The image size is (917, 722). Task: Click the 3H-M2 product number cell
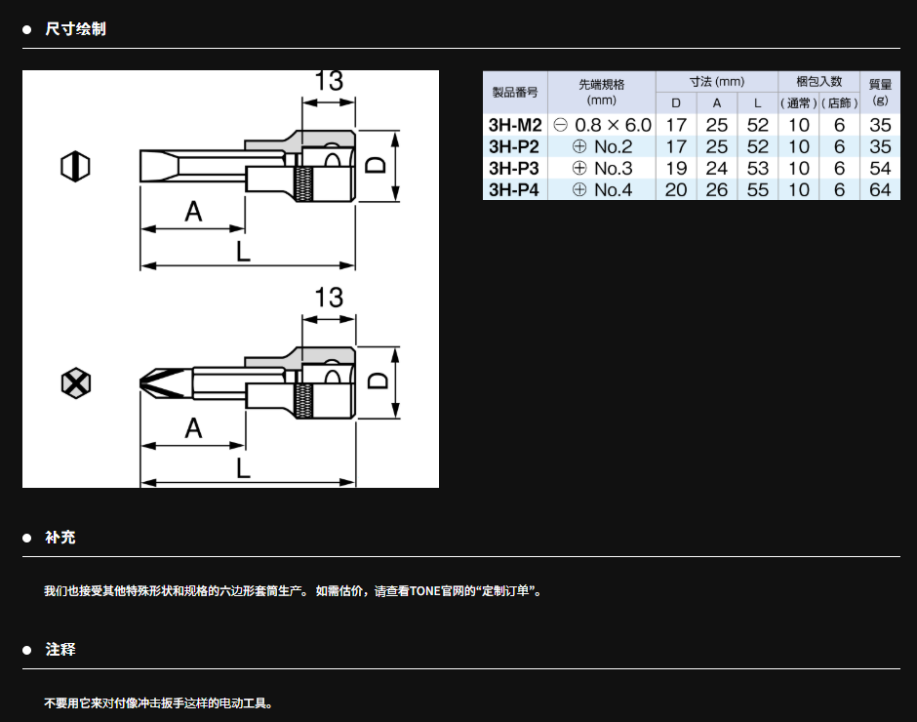(x=515, y=125)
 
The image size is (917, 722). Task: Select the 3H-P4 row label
(x=513, y=189)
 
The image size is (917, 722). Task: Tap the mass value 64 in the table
(x=880, y=189)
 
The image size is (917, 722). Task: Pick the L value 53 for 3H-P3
(x=757, y=168)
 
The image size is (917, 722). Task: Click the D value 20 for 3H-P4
(x=676, y=189)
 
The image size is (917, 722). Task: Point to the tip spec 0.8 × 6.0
(x=613, y=125)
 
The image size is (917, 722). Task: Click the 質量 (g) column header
(x=880, y=93)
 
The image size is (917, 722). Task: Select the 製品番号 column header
(x=515, y=92)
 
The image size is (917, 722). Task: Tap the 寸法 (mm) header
(x=716, y=82)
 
